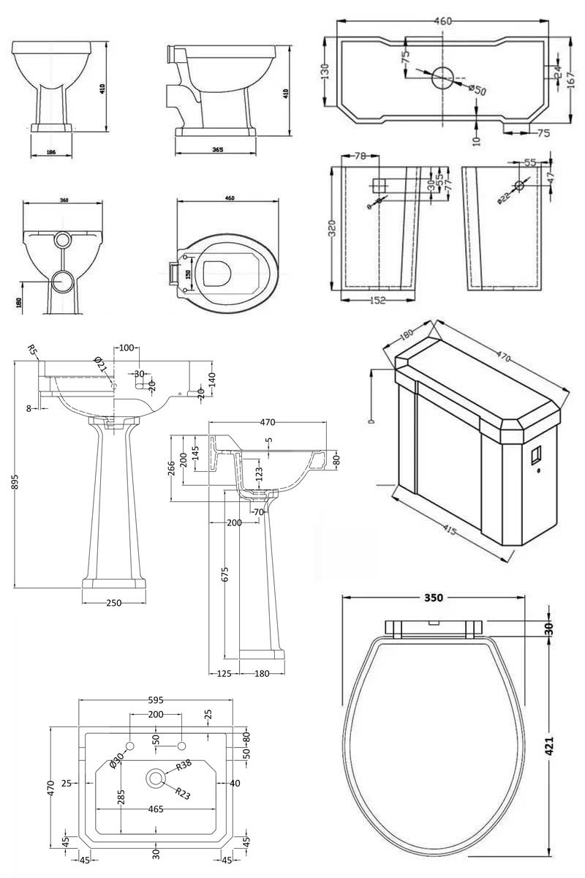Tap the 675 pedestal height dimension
pyautogui.click(x=225, y=575)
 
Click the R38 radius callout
pyautogui.click(x=184, y=766)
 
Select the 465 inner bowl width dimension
pyautogui.click(x=154, y=810)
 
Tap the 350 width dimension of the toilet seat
pyautogui.click(x=433, y=598)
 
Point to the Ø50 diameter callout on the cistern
pyautogui.click(x=476, y=90)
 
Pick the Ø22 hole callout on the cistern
pyautogui.click(x=504, y=196)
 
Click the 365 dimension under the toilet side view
pyautogui.click(x=218, y=150)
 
